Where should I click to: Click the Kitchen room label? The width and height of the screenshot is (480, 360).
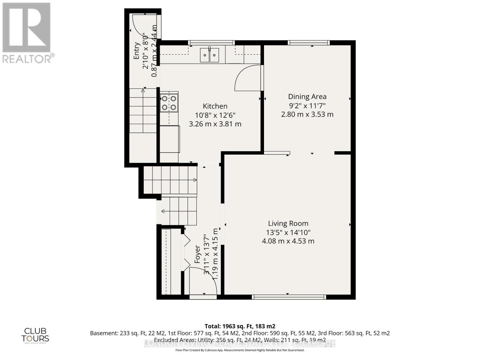point(215,106)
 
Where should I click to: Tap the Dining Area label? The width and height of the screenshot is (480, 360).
point(307,97)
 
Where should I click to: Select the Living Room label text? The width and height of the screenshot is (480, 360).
point(288,223)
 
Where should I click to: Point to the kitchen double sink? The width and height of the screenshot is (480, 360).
point(210,55)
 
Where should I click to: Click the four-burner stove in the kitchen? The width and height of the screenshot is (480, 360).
point(169,103)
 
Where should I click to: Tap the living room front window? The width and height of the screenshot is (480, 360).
point(289,297)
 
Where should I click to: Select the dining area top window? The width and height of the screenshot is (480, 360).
point(309,43)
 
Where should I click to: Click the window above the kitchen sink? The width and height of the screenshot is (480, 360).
point(211,43)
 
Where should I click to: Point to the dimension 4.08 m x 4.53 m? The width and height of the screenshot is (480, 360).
point(288,241)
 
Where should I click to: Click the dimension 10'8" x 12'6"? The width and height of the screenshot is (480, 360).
point(215,115)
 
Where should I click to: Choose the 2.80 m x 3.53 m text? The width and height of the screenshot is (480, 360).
point(307,114)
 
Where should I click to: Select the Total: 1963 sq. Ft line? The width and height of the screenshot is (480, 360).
point(240,326)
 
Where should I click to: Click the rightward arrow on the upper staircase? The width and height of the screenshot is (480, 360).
point(195,180)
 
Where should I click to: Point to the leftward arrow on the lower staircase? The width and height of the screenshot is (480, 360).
point(163,211)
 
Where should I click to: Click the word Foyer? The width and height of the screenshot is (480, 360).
point(197,254)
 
